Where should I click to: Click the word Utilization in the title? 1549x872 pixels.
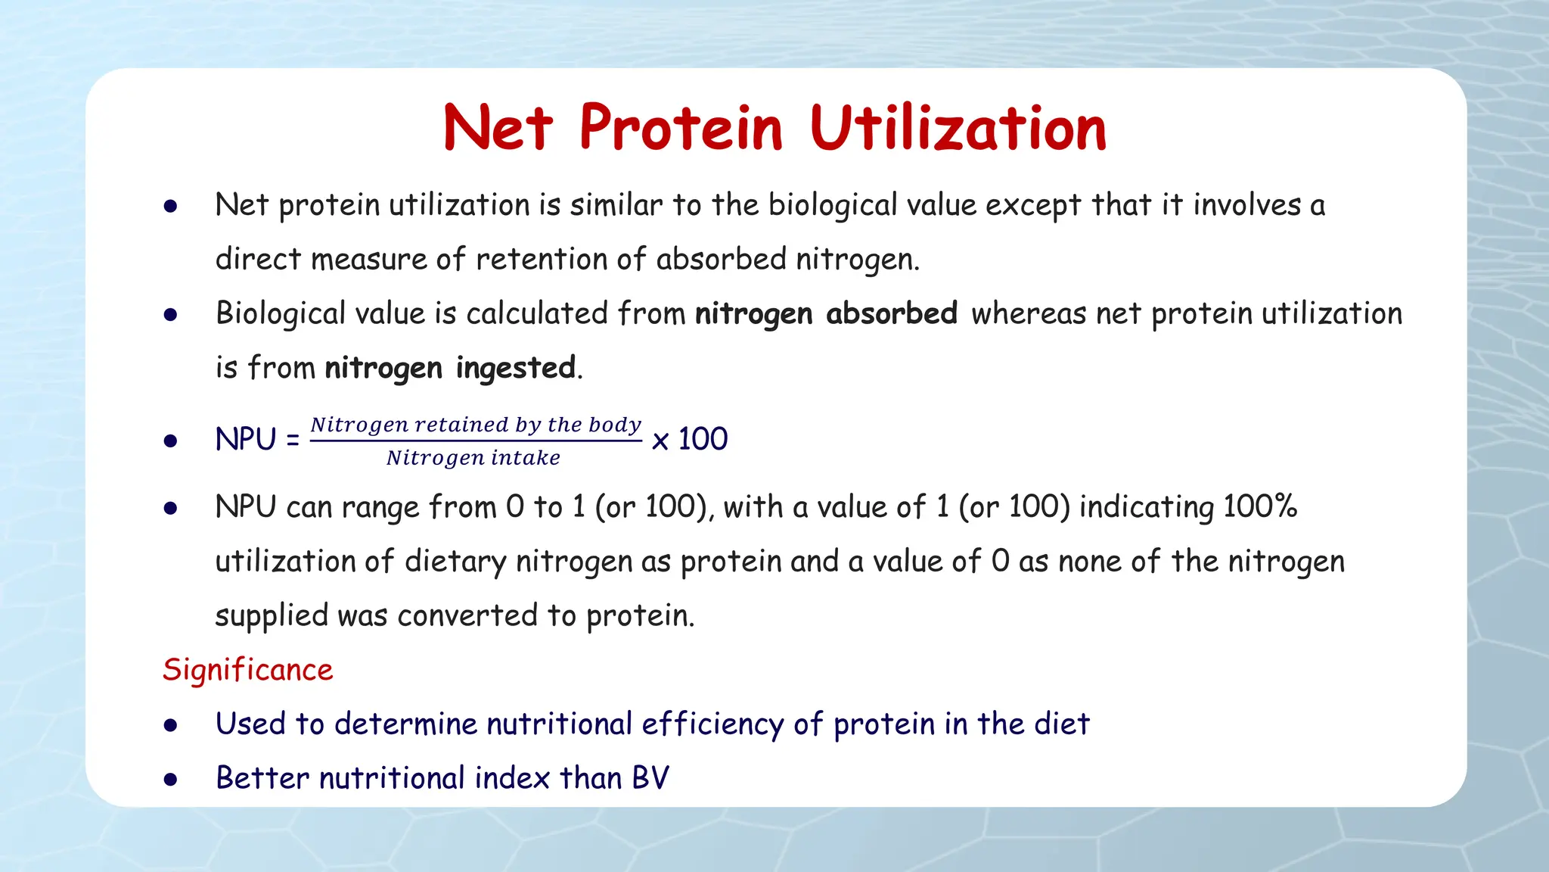point(958,129)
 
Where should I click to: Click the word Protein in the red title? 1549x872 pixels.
point(680,129)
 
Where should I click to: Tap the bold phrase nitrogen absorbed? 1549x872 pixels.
point(826,313)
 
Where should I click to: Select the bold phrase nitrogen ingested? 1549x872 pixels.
point(450,368)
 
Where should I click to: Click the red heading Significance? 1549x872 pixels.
point(247,670)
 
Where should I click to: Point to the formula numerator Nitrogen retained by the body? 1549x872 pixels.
point(476,425)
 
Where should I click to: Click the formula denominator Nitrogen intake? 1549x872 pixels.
point(473,458)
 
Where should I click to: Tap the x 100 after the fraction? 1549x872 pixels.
point(689,439)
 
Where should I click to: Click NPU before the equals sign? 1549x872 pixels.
point(246,440)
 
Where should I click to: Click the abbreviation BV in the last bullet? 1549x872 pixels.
point(650,778)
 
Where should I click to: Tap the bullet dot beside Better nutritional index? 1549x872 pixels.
point(171,779)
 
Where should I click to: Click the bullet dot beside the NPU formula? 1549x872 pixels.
point(171,441)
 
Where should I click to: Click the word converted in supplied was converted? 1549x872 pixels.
point(467,615)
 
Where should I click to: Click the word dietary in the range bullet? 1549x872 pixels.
point(455,562)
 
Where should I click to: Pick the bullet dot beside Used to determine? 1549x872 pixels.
point(171,725)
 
